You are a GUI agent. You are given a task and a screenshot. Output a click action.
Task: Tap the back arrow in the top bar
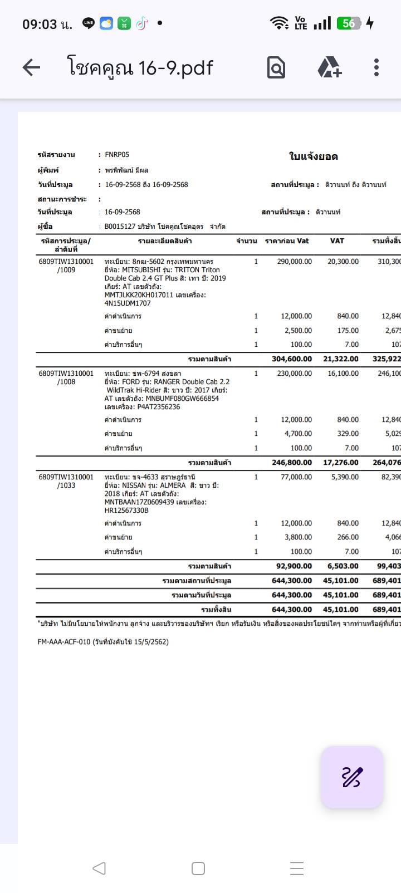[x=31, y=67]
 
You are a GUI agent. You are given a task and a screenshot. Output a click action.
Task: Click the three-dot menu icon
[x=376, y=67]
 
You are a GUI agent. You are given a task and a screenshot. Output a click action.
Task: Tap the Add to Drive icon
[x=329, y=67]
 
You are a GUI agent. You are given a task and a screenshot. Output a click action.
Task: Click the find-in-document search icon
[x=276, y=67]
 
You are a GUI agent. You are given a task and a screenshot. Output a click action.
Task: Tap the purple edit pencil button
[x=352, y=777]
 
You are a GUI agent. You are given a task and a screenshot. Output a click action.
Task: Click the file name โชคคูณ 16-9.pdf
[x=140, y=67]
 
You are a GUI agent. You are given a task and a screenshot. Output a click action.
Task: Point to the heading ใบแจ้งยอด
[x=314, y=156]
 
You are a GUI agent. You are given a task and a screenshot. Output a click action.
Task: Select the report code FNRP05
[x=117, y=155]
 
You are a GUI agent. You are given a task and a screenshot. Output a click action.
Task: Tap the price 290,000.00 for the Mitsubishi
[x=294, y=262]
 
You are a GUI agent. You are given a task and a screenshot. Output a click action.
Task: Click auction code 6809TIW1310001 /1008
[x=66, y=377]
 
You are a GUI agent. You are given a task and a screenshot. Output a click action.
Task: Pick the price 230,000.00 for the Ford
[x=294, y=374]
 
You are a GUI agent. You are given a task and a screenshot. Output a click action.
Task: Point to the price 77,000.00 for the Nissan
[x=296, y=477]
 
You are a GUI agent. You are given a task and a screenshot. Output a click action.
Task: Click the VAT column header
[x=337, y=241]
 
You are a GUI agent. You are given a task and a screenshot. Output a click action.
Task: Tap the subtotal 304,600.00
[x=292, y=359]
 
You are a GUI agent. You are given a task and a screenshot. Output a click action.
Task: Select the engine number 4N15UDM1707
[x=128, y=303]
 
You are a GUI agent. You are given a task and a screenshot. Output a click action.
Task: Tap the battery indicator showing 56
[x=350, y=23]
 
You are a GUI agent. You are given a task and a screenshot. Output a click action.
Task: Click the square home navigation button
[x=198, y=869]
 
